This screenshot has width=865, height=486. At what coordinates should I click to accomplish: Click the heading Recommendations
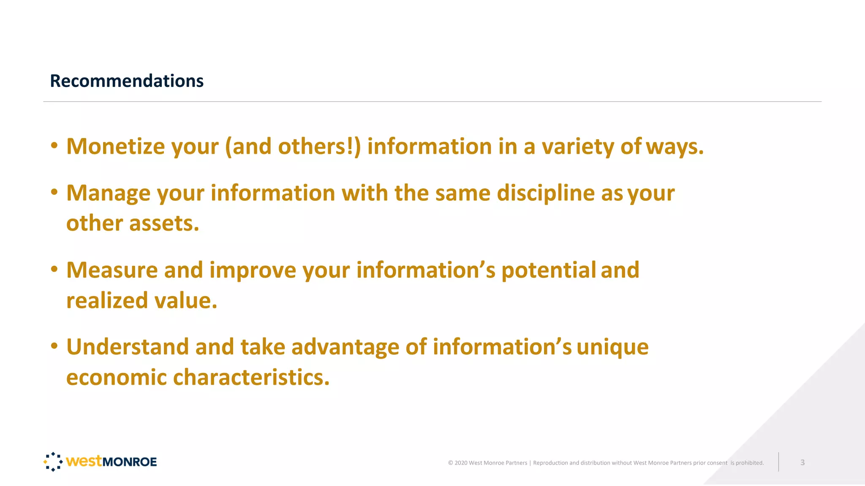point(127,81)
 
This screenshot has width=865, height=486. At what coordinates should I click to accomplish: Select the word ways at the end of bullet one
point(675,146)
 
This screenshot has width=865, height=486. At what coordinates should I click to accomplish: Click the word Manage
point(108,193)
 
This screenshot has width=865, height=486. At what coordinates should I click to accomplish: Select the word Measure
point(112,270)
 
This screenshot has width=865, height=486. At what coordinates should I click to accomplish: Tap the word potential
point(548,270)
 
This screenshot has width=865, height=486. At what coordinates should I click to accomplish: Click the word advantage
point(345,347)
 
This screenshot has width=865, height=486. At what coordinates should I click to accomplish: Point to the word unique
point(612,347)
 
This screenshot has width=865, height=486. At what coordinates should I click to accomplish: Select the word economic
point(117,377)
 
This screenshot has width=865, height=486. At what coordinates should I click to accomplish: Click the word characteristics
point(251,377)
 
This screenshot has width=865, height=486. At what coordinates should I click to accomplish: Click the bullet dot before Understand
point(54,346)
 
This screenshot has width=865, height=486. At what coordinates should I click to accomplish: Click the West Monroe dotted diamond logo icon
point(53,462)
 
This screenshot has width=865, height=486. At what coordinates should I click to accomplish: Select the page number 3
point(802,462)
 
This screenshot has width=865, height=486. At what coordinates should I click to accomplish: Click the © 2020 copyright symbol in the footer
point(451,463)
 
